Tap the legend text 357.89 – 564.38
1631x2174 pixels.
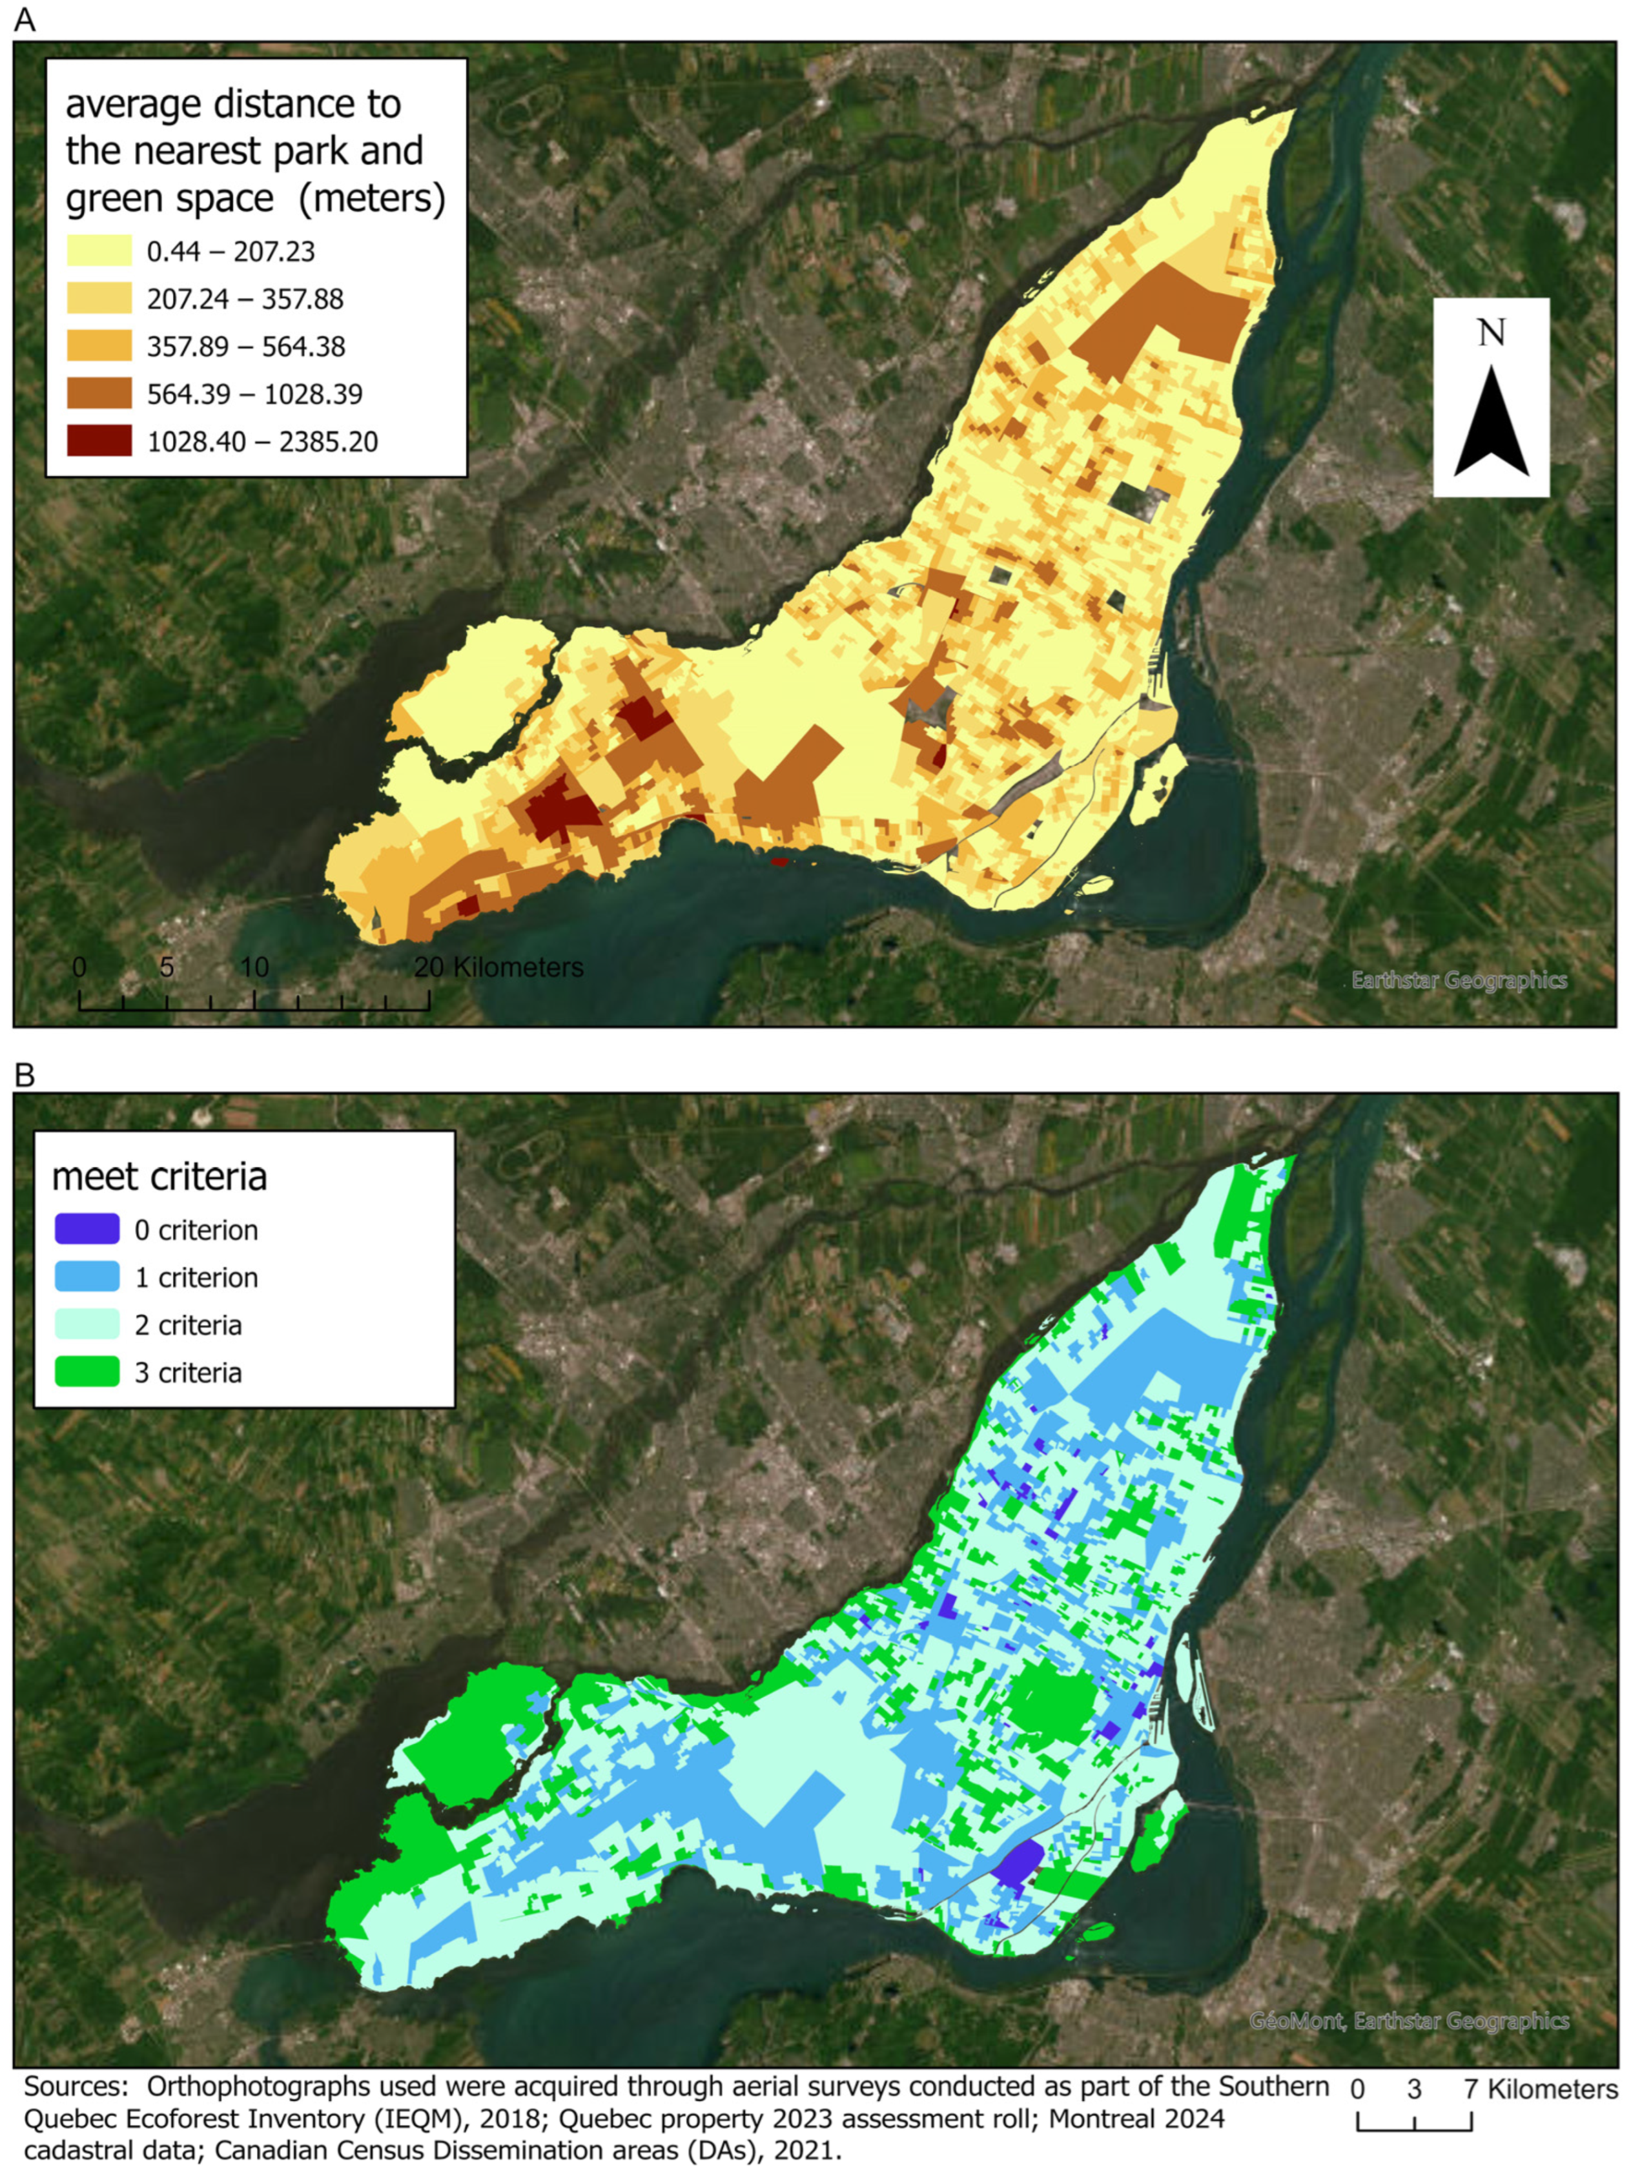(246, 346)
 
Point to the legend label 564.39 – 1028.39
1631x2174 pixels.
(254, 393)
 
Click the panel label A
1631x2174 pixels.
(25, 19)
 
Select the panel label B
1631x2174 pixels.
(25, 1076)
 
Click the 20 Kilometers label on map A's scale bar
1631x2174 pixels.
(498, 967)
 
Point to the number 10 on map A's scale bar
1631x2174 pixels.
(254, 967)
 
